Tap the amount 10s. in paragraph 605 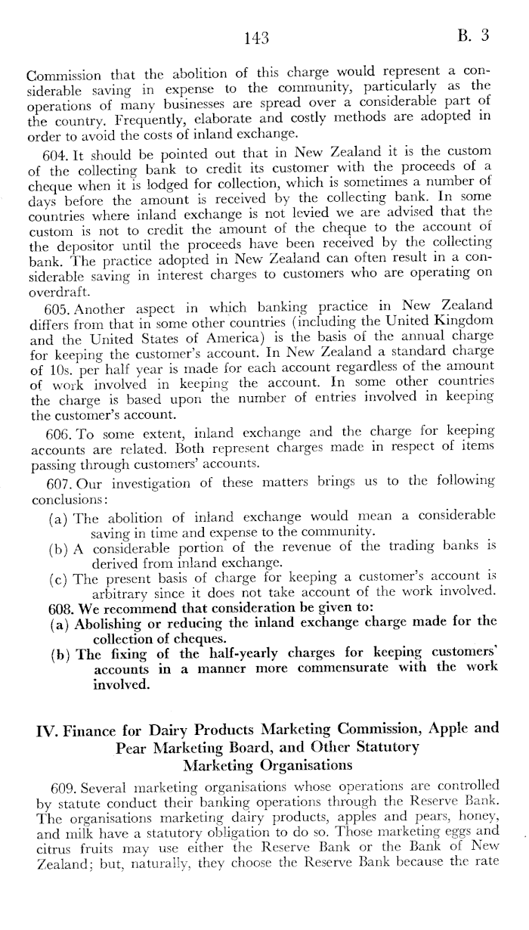point(64,368)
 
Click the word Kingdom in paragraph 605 point(461,320)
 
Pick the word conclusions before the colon point(65,498)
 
